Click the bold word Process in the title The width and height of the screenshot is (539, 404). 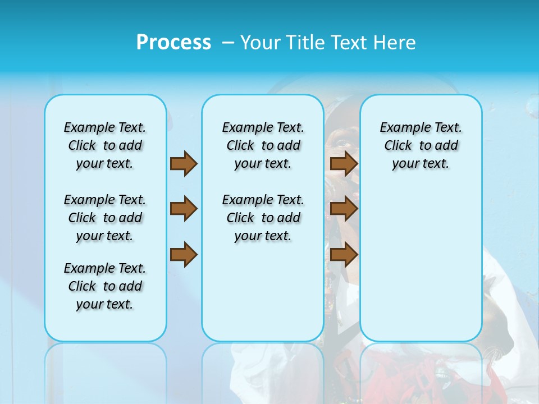[x=173, y=42]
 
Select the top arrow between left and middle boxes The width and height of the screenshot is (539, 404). [x=184, y=163]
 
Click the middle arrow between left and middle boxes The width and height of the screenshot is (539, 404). [x=184, y=209]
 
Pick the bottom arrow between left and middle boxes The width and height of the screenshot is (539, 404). [x=184, y=255]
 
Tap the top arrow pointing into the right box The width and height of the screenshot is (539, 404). [x=344, y=163]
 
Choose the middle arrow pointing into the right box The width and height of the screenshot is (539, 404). [x=344, y=209]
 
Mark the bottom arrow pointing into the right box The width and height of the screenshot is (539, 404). [x=344, y=255]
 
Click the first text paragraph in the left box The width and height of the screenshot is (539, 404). [x=105, y=145]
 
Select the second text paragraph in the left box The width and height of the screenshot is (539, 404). [x=105, y=218]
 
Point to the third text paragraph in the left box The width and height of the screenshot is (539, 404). [x=105, y=286]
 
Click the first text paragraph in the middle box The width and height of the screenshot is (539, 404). [x=263, y=145]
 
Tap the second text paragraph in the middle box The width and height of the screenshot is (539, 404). [x=263, y=218]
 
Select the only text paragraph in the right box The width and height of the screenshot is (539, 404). [x=421, y=145]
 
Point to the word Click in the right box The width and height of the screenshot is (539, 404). [x=398, y=146]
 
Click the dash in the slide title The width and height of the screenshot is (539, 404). [x=228, y=43]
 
